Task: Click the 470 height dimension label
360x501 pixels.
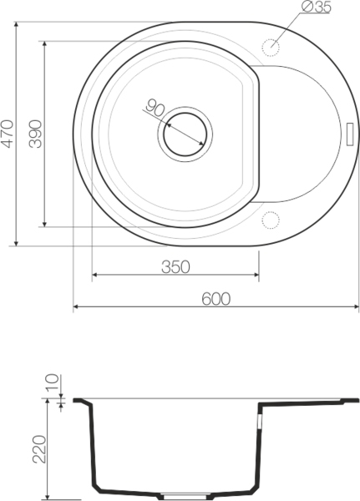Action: [8, 134]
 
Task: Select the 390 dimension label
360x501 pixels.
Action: [35, 134]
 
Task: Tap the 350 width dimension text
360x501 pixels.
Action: [175, 267]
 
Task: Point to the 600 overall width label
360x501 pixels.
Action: [215, 299]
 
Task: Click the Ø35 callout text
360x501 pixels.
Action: [316, 7]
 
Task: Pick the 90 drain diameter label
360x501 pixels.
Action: [155, 108]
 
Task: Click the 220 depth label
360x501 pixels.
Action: [39, 449]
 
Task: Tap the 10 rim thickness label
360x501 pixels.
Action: [52, 382]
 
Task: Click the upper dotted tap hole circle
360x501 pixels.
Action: [271, 48]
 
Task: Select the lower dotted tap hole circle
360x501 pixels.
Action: [271, 220]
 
